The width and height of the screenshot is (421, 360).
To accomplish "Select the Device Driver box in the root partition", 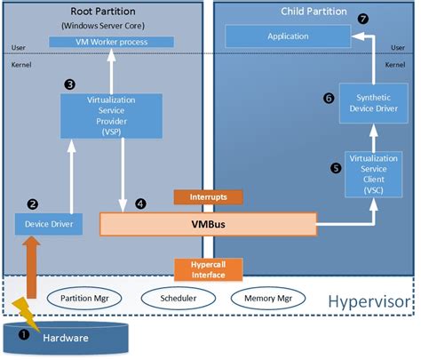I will click(50, 223).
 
